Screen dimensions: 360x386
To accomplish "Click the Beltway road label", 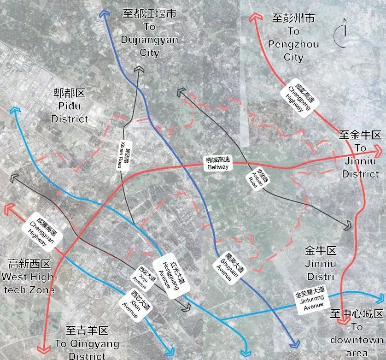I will [218, 163].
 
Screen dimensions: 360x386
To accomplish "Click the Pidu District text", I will [70, 106].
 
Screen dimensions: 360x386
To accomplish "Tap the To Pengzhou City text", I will [294, 37].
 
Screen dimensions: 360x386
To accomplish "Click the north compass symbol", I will [343, 32].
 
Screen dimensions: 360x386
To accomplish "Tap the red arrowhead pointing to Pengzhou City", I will [254, 18].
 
